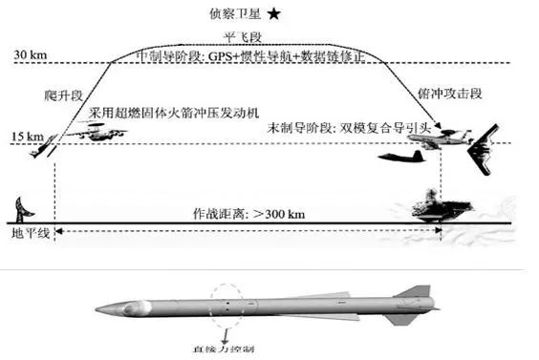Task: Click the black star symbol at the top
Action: [x=275, y=13]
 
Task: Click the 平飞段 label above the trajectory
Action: [x=269, y=37]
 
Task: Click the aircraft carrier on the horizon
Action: [x=438, y=204]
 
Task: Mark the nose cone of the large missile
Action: [x=108, y=310]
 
